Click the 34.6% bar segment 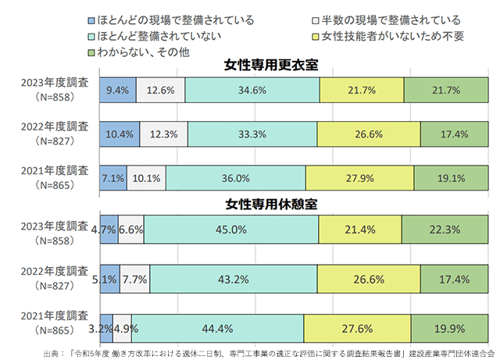(253, 91)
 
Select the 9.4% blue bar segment (117, 91)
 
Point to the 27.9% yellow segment (359, 177)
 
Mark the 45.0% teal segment (231, 230)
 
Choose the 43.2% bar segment (234, 278)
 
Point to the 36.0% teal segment (235, 177)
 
